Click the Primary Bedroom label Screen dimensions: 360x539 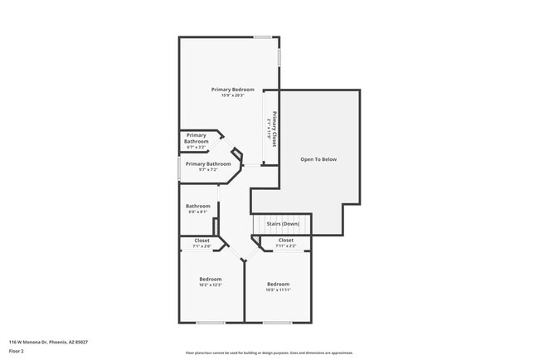pos(232,89)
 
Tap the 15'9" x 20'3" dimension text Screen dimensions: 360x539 pos(232,95)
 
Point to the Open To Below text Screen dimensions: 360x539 pos(318,159)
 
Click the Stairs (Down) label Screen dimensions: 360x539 pos(284,224)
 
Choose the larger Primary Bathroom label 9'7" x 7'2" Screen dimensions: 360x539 pos(208,163)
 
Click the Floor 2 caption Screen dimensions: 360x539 pos(16,351)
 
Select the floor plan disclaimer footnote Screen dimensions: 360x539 pos(269,352)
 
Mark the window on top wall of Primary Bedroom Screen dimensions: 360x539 pos(264,36)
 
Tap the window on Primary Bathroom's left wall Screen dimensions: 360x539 pos(179,168)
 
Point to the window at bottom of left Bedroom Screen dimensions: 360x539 pos(211,323)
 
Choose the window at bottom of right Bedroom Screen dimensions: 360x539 pos(277,323)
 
